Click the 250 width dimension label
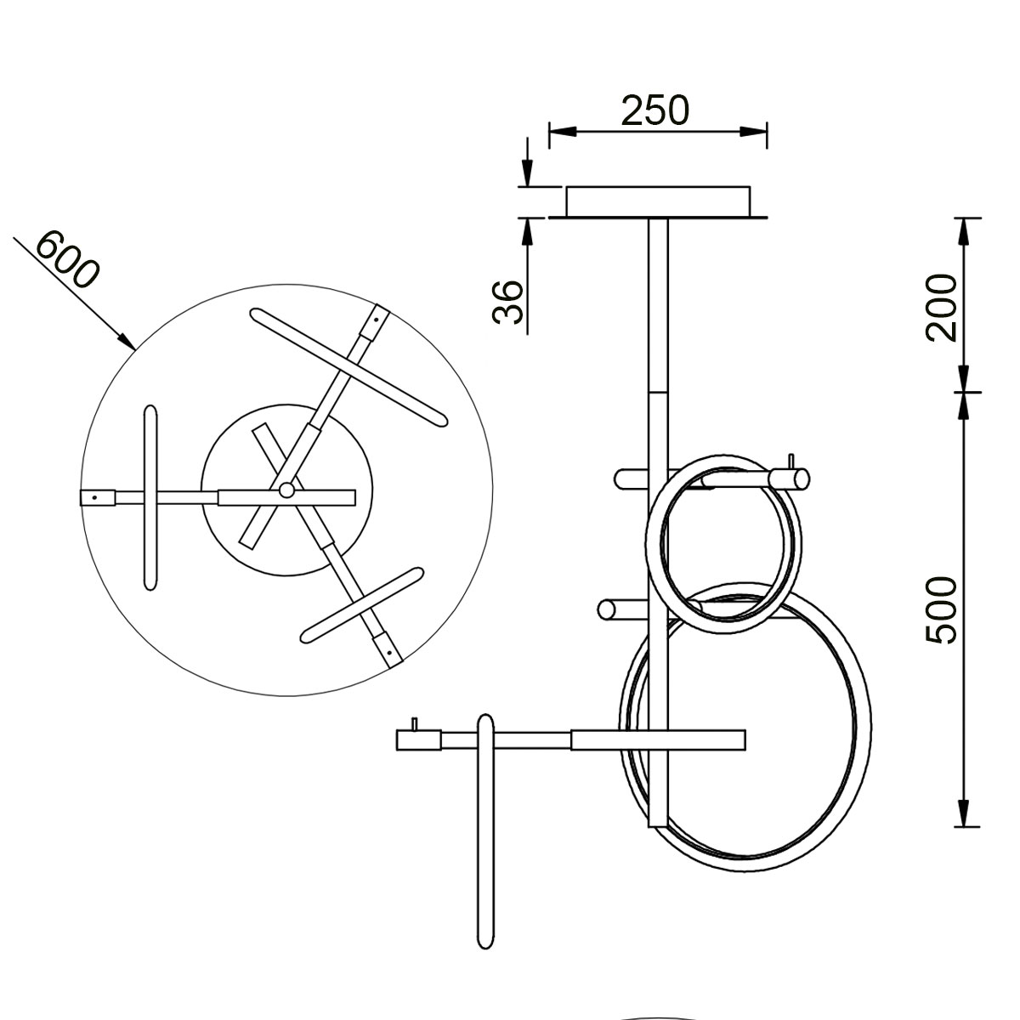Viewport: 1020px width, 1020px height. coord(654,110)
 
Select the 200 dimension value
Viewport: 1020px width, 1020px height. coord(942,307)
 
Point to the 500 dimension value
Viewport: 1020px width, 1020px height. coord(942,609)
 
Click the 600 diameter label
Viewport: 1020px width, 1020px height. coord(68,259)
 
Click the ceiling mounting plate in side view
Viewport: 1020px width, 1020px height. coord(659,201)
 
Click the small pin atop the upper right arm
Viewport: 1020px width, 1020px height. coord(792,461)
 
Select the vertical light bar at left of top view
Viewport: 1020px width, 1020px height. coord(150,497)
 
